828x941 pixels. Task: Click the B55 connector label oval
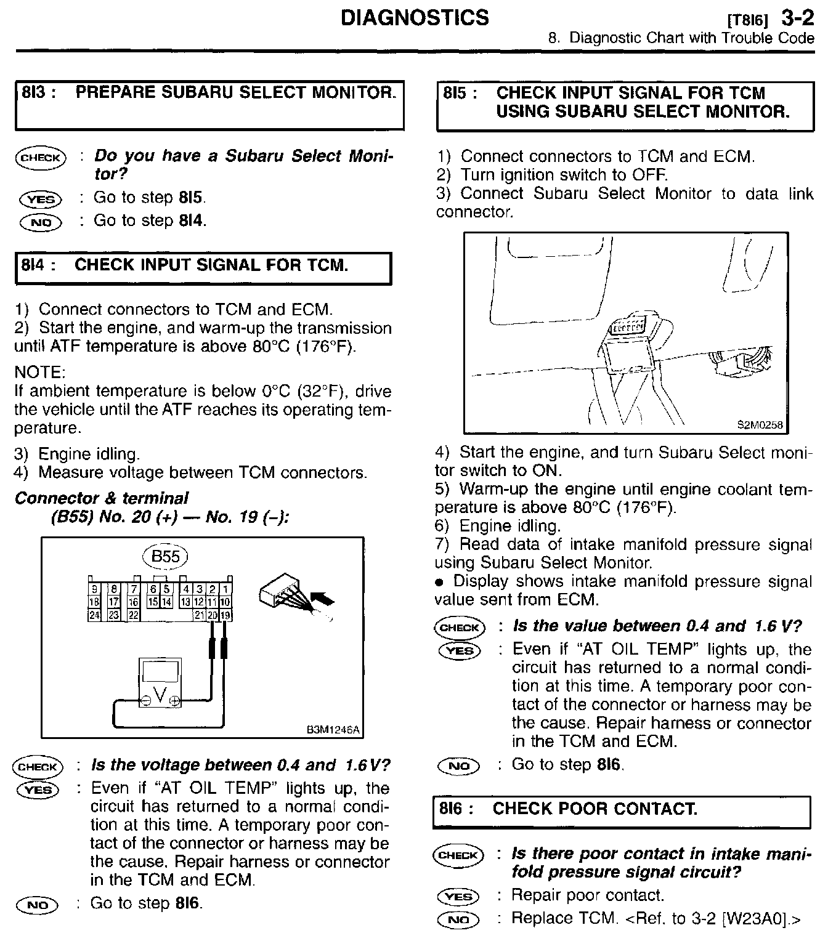[165, 557]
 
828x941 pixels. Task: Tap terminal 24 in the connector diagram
[94, 615]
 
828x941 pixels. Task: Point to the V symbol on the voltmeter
[160, 695]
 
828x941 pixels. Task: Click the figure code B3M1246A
[333, 730]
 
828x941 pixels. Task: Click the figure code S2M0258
[760, 424]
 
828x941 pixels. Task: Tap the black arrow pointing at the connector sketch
[323, 598]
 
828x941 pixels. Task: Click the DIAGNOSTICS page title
[414, 17]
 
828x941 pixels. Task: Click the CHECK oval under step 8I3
[40, 158]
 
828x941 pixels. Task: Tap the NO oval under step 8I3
[41, 222]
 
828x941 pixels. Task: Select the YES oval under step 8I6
[459, 897]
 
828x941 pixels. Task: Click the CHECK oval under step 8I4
[38, 767]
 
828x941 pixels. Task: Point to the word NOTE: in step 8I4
[39, 373]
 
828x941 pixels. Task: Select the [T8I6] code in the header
[747, 20]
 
